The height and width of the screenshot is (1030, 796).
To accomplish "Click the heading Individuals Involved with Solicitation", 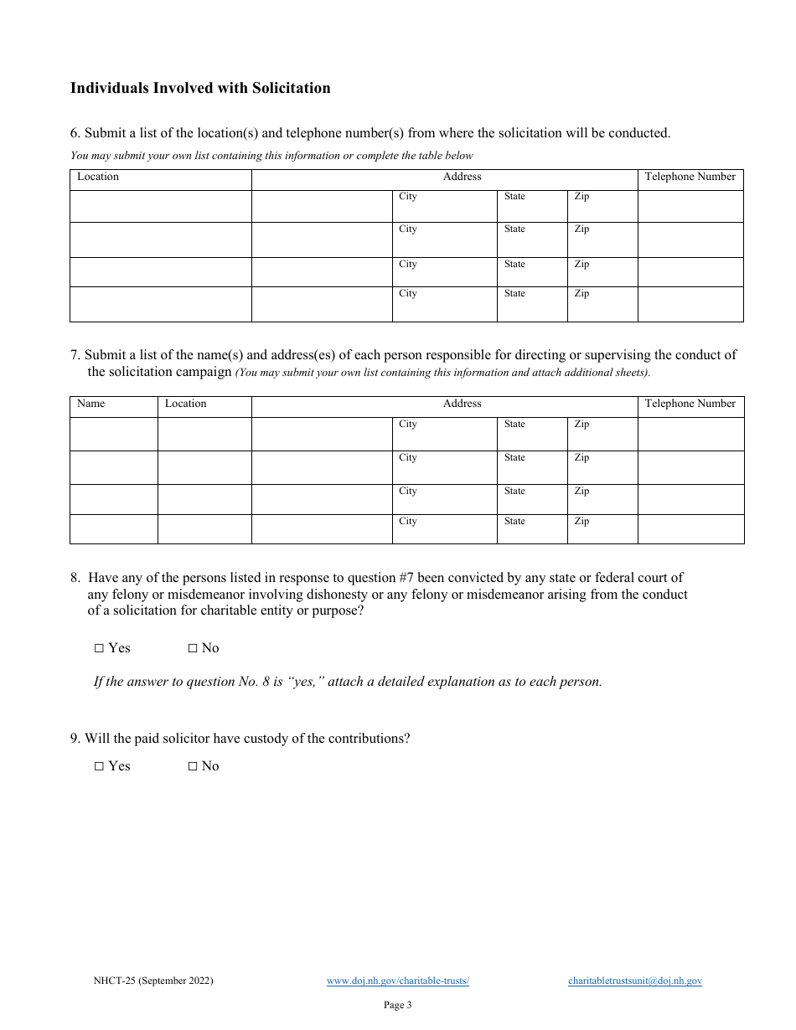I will (200, 88).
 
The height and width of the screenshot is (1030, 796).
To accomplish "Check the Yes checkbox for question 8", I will (99, 648).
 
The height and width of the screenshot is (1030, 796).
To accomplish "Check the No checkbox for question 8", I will (193, 648).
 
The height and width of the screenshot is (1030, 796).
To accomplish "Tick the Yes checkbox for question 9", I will (99, 766).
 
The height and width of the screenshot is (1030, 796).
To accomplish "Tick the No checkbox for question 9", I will (193, 766).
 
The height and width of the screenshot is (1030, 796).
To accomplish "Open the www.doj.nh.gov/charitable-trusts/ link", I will (397, 981).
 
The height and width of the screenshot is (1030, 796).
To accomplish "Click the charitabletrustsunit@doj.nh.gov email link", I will (634, 981).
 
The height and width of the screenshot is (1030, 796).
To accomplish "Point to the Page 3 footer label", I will (397, 1005).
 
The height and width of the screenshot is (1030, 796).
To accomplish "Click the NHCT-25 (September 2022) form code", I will (153, 981).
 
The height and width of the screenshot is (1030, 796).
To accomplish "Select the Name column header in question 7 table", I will (91, 404).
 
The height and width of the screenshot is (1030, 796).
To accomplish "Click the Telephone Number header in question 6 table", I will (690, 177).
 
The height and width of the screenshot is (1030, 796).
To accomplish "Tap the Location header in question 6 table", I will (98, 177).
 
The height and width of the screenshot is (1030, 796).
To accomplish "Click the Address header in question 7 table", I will (463, 404).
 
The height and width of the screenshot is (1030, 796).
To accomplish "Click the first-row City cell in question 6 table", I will (444, 206).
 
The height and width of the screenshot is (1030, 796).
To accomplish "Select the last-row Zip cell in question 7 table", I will (602, 528).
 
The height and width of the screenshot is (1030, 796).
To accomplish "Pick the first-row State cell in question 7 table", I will (531, 434).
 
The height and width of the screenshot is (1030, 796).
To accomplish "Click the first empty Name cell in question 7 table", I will (113, 434).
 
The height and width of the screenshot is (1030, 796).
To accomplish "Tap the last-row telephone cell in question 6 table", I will (690, 304).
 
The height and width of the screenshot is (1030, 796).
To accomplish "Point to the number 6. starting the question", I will (75, 133).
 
